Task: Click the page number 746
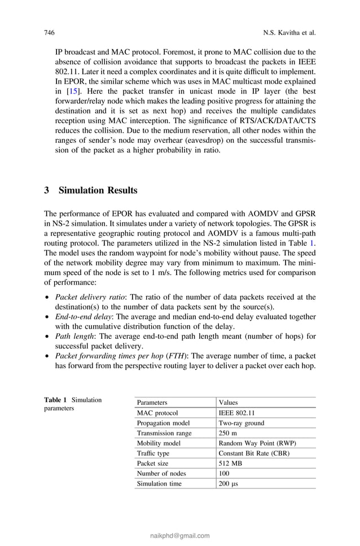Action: coord(49,33)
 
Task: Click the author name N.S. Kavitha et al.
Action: coord(287,33)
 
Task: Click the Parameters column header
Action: coord(152,403)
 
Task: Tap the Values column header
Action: coord(228,403)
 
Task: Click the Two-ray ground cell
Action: coord(241,423)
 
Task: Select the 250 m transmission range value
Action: coord(227,433)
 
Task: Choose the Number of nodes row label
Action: coord(161,474)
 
